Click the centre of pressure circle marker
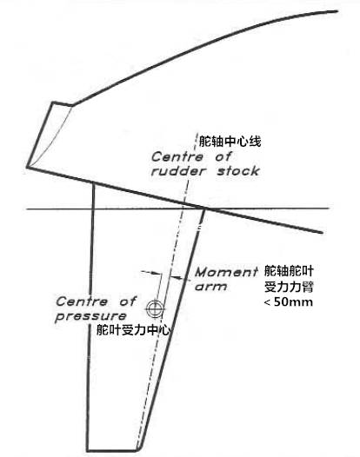(155, 308)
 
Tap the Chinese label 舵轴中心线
(230, 142)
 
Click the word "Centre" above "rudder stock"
(177, 157)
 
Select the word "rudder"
(178, 171)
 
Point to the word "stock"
(238, 171)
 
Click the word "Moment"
(226, 272)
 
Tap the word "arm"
(210, 287)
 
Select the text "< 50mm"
(288, 302)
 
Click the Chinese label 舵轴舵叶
(289, 271)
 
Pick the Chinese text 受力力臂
(289, 287)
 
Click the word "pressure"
(91, 316)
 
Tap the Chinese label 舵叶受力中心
(133, 330)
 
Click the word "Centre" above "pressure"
(82, 301)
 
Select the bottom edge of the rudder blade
(112, 451)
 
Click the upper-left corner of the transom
(53, 102)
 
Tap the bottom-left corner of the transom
(27, 167)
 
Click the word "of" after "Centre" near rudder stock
(223, 157)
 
